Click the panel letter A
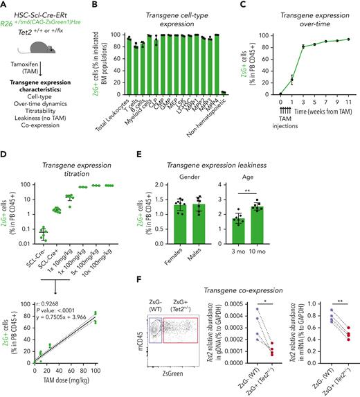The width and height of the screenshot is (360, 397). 4,6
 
